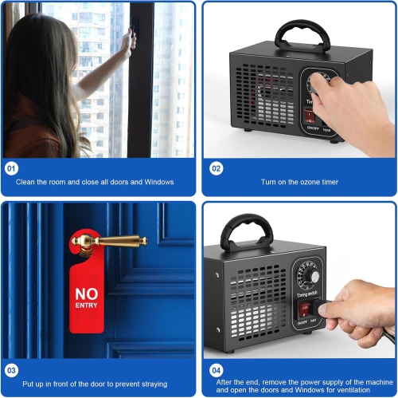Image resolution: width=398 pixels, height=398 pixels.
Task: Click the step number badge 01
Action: (x=11, y=169)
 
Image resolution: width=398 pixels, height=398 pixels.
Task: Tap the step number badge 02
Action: (x=216, y=169)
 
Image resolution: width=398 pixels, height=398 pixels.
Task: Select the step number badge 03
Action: (x=11, y=370)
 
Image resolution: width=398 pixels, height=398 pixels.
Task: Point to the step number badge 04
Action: (x=216, y=370)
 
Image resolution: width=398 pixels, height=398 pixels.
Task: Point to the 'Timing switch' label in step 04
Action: (x=310, y=260)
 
